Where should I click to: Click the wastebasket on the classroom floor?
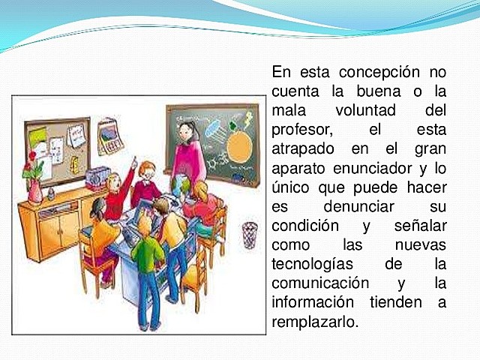pos(249,234)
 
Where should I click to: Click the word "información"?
pos(313,304)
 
